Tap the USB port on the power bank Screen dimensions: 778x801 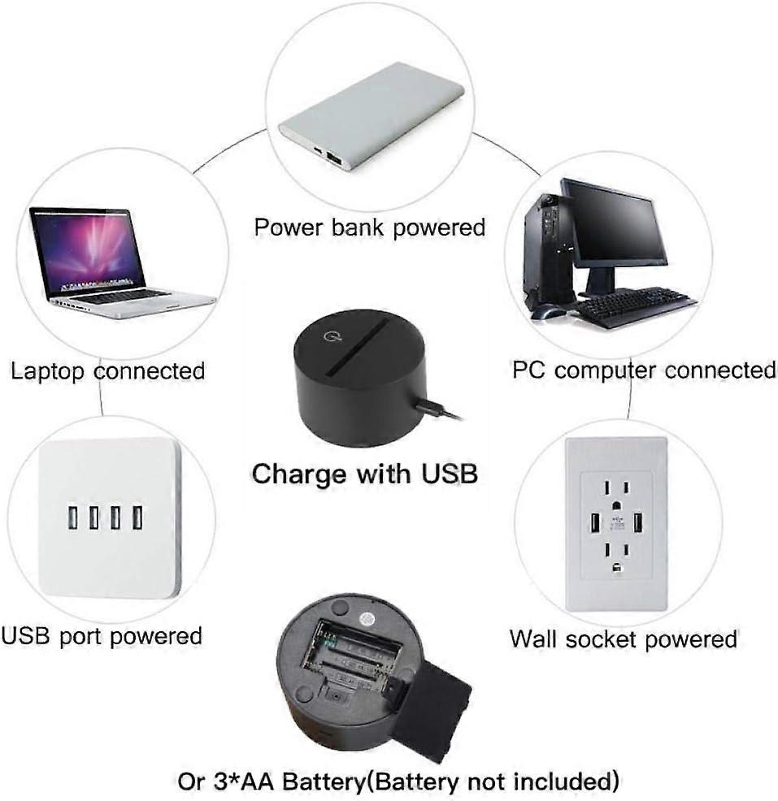coord(334,158)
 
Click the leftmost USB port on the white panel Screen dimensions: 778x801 coord(72,517)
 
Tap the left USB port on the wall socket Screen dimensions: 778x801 coord(595,523)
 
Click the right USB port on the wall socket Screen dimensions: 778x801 coord(638,522)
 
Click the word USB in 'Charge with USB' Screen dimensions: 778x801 coord(450,474)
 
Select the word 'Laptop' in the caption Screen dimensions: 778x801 coord(47,371)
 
